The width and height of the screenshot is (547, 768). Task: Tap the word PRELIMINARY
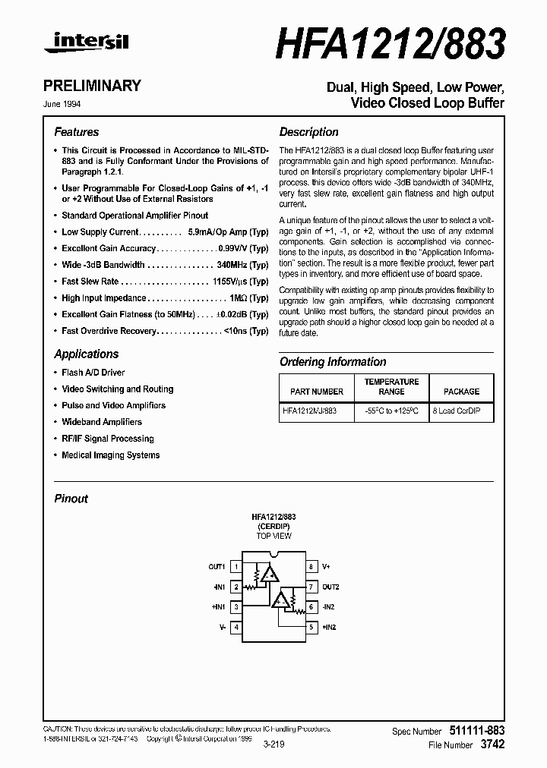point(97,86)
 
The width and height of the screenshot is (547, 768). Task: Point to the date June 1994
point(68,104)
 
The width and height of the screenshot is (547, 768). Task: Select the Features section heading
point(76,132)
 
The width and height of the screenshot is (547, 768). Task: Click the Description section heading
point(308,132)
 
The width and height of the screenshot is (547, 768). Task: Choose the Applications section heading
point(86,354)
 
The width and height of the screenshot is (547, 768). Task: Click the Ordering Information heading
point(333,362)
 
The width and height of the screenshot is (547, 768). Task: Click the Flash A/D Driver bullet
point(93,373)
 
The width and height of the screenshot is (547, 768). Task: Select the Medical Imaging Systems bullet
point(110,455)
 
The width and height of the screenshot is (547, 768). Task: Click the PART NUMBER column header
point(317,392)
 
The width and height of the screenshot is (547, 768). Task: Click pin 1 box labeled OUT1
point(236,567)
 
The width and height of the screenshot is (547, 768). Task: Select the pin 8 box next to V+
point(311,567)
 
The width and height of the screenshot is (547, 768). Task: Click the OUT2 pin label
point(330,587)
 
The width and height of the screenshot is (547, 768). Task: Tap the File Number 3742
point(492,745)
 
